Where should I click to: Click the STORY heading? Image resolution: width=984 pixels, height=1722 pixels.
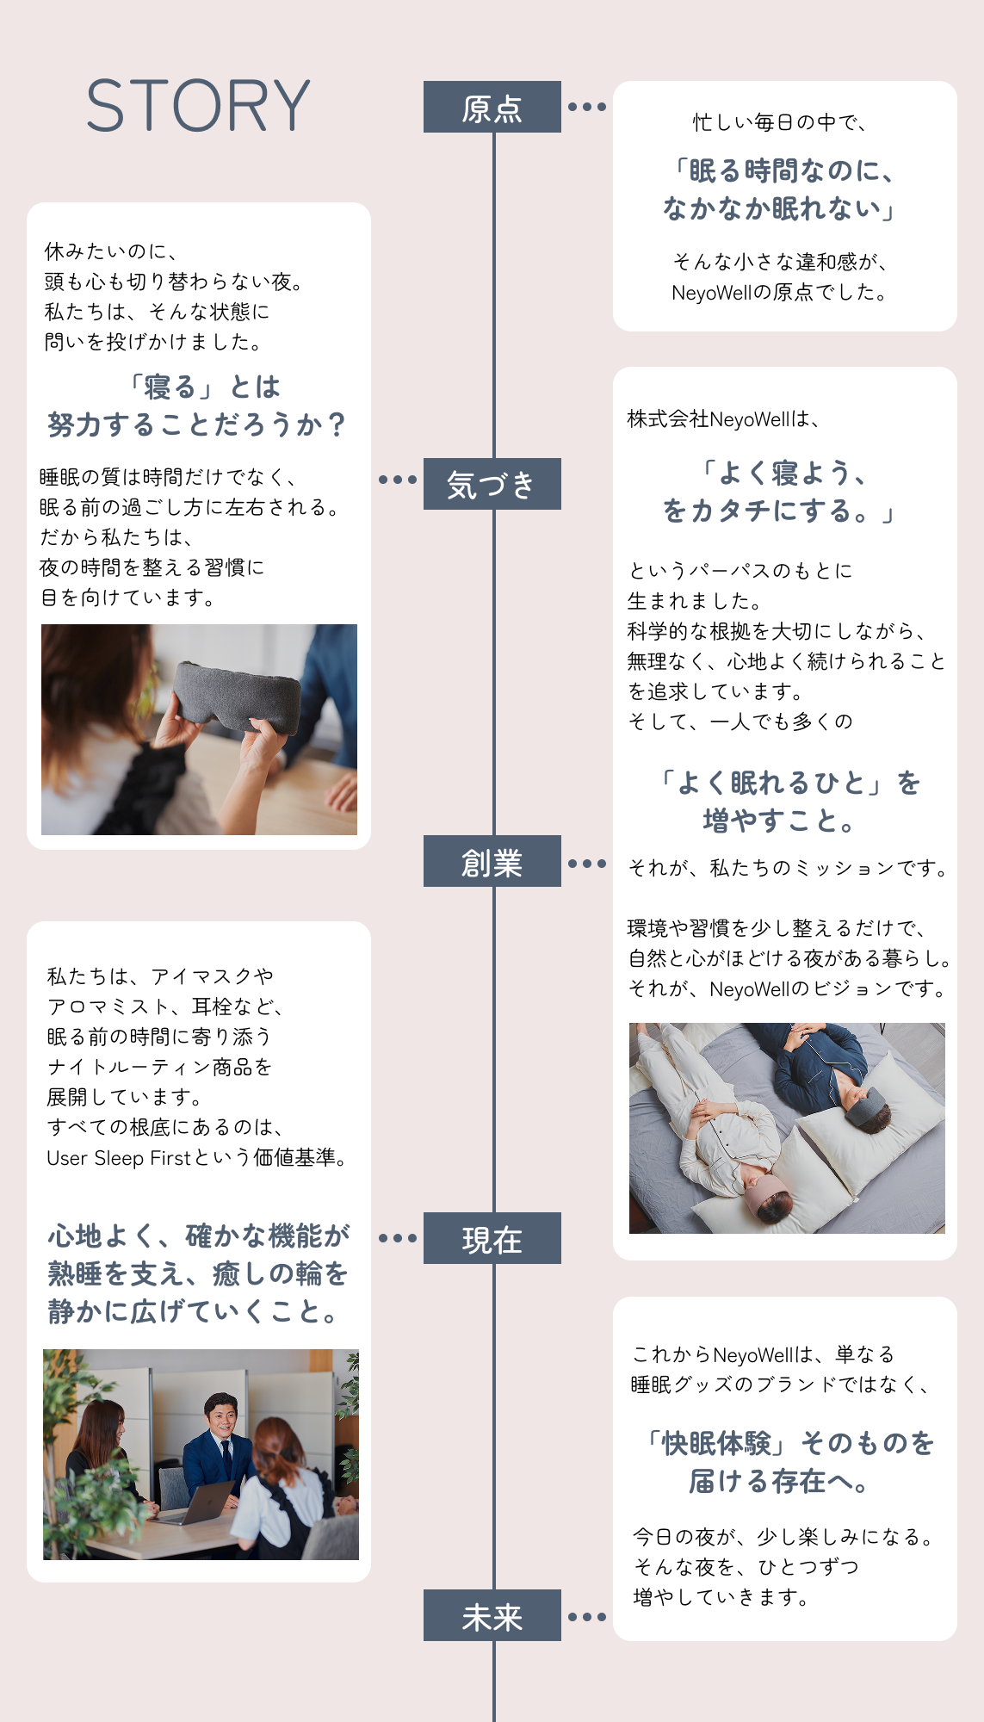pos(198,106)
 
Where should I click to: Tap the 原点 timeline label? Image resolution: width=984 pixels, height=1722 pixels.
pos(492,107)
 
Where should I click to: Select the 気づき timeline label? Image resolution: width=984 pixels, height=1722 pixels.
pos(492,484)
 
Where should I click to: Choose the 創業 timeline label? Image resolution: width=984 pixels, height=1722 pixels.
pos(492,861)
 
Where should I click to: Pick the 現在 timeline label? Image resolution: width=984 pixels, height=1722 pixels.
pos(492,1238)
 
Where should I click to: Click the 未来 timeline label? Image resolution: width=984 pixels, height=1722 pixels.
pos(492,1615)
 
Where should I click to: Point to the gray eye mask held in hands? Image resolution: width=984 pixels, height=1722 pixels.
pos(236,697)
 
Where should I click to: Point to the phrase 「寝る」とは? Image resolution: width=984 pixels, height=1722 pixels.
pos(205,387)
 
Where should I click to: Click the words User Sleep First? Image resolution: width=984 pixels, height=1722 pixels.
pos(119,1158)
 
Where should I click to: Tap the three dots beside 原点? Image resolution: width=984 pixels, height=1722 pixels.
pos(587,107)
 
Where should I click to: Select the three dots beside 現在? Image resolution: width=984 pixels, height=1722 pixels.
pos(398,1238)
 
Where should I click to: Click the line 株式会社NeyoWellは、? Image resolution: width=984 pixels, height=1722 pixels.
pos(723,419)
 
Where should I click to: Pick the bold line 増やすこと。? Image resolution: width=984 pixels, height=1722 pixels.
pos(779,821)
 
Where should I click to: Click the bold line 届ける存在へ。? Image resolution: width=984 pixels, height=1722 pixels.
pos(780,1481)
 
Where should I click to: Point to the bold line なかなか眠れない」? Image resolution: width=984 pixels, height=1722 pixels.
pos(780,208)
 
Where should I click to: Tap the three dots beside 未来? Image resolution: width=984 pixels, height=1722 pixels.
pos(587,1617)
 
